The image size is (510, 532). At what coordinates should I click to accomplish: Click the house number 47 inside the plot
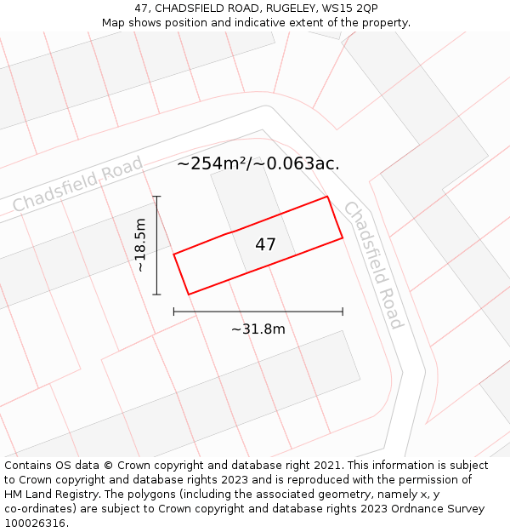click(265, 245)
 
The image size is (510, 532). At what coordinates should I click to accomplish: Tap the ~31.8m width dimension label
click(258, 329)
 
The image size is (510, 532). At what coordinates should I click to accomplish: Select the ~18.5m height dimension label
click(141, 245)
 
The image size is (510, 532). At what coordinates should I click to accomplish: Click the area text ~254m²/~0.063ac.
click(258, 163)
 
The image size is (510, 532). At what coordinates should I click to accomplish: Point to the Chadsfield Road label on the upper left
click(77, 185)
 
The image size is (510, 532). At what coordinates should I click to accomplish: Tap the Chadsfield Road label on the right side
click(373, 265)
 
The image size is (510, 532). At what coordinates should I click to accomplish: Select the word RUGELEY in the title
click(285, 9)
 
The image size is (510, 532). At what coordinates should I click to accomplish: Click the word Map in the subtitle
click(114, 23)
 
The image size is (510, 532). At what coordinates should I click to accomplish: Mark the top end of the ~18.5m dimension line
click(156, 197)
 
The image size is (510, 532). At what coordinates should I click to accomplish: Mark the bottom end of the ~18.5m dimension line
click(156, 295)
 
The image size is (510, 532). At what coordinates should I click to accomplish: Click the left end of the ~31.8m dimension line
click(174, 312)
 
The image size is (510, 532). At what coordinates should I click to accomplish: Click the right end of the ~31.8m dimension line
click(343, 312)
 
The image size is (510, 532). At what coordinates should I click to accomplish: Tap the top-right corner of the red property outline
click(327, 197)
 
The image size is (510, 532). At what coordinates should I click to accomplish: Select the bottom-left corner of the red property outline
click(188, 295)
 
